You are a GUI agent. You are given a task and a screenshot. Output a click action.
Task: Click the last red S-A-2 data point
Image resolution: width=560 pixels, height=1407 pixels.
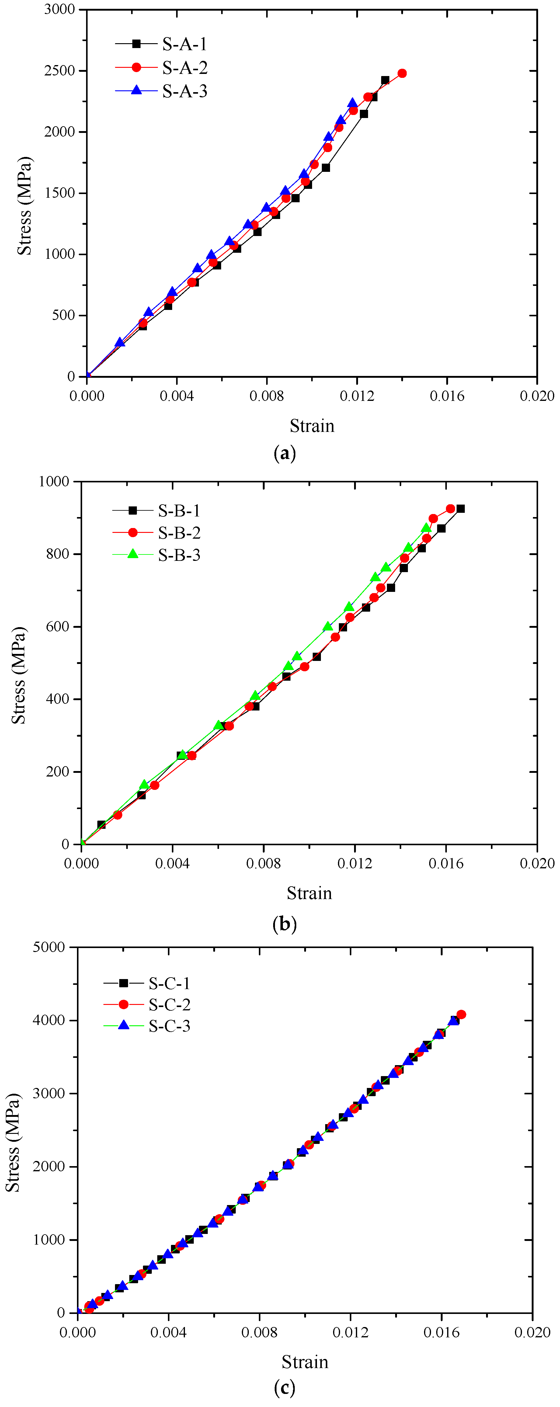[x=402, y=73]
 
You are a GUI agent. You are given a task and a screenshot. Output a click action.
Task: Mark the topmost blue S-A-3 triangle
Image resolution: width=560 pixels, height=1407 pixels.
[x=352, y=103]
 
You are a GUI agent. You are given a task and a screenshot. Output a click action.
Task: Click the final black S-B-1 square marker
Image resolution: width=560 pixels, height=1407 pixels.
[x=461, y=509]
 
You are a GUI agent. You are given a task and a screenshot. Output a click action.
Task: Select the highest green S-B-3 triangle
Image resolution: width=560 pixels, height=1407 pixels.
[x=426, y=528]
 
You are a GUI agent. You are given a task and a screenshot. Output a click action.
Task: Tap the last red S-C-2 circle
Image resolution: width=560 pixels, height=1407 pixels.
[x=461, y=1014]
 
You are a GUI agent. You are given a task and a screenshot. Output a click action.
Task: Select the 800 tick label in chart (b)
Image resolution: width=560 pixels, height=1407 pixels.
[x=57, y=554]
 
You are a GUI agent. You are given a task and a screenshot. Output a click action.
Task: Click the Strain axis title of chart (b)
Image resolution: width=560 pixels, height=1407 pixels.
[x=309, y=893]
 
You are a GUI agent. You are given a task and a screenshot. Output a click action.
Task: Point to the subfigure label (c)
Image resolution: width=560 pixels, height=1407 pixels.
[x=284, y=1388]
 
